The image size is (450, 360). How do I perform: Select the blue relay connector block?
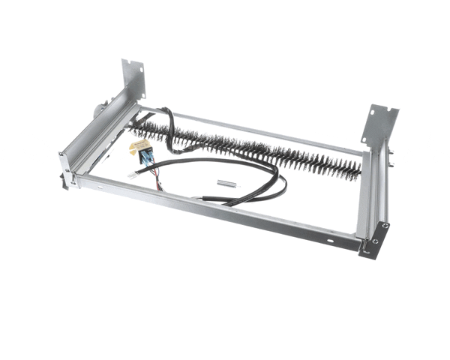point(146,156)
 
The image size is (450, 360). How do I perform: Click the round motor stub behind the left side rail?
point(97,109)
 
